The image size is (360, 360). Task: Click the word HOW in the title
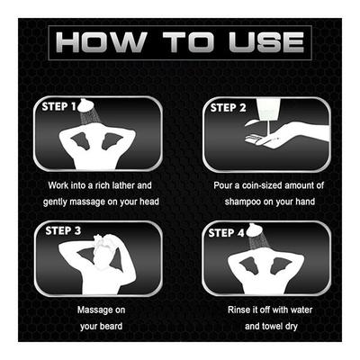click(x=101, y=42)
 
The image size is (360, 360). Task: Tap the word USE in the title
click(x=266, y=42)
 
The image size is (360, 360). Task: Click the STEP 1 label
click(x=59, y=106)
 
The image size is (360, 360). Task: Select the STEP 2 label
click(x=228, y=108)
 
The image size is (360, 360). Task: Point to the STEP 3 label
click(x=63, y=230)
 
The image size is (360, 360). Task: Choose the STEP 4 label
click(x=227, y=233)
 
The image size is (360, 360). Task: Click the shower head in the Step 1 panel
click(x=85, y=105)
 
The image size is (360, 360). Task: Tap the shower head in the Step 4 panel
click(x=254, y=230)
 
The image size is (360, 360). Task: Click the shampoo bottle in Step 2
click(x=268, y=109)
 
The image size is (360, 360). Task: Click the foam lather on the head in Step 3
click(x=103, y=239)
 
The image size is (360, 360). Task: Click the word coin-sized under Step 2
click(x=262, y=185)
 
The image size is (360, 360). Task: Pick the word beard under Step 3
click(x=110, y=326)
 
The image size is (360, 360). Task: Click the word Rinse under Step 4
click(x=239, y=310)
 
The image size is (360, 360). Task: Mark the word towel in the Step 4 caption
click(x=272, y=326)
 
